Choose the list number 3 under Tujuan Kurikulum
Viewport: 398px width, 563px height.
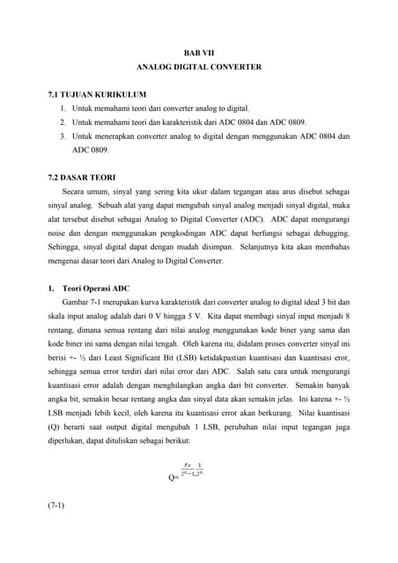click(x=63, y=137)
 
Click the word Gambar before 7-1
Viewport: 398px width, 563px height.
click(x=78, y=302)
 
